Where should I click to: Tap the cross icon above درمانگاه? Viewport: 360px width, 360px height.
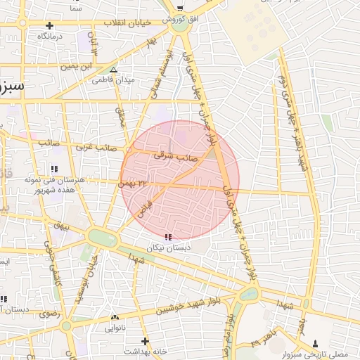click(49, 25)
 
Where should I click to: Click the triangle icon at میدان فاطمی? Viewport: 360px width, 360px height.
click(114, 69)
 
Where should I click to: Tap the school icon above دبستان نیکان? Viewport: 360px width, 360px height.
click(167, 237)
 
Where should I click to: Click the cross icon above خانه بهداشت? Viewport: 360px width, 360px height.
click(146, 340)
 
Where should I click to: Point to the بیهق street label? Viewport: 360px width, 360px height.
click(63, 226)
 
